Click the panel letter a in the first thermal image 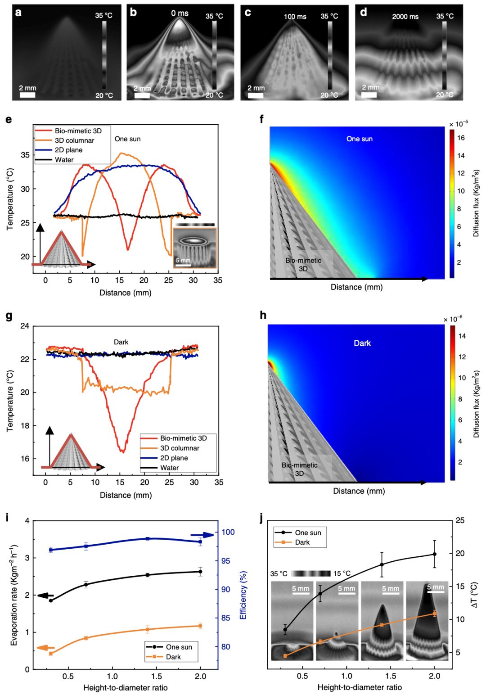18,12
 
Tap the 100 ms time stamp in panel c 295,17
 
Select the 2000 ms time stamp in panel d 405,17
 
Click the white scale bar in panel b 142,95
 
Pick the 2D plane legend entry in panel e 68,150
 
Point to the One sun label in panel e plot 127,139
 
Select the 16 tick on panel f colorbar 461,138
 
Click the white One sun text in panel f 359,139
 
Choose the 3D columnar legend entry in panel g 180,448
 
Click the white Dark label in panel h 362,343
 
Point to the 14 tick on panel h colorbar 462,336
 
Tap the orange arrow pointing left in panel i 45,648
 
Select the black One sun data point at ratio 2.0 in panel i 200,572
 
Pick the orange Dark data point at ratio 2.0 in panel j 435,614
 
